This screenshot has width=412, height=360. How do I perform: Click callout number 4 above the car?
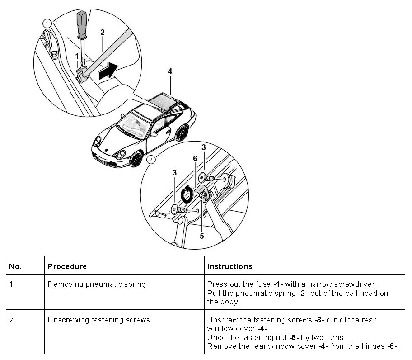(x=170, y=71)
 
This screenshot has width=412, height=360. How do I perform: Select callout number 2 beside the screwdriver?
(x=103, y=32)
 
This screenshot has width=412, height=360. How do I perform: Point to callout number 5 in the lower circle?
(x=201, y=235)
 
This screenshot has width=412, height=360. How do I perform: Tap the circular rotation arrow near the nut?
(x=187, y=194)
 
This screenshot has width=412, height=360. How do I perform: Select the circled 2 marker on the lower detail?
(x=151, y=159)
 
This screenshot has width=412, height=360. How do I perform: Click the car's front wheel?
(x=136, y=160)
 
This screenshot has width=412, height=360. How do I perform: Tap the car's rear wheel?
(x=182, y=133)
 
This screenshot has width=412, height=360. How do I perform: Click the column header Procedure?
(x=67, y=266)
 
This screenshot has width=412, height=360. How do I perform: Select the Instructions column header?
(x=229, y=266)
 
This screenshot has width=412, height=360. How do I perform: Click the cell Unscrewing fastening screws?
(x=98, y=320)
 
